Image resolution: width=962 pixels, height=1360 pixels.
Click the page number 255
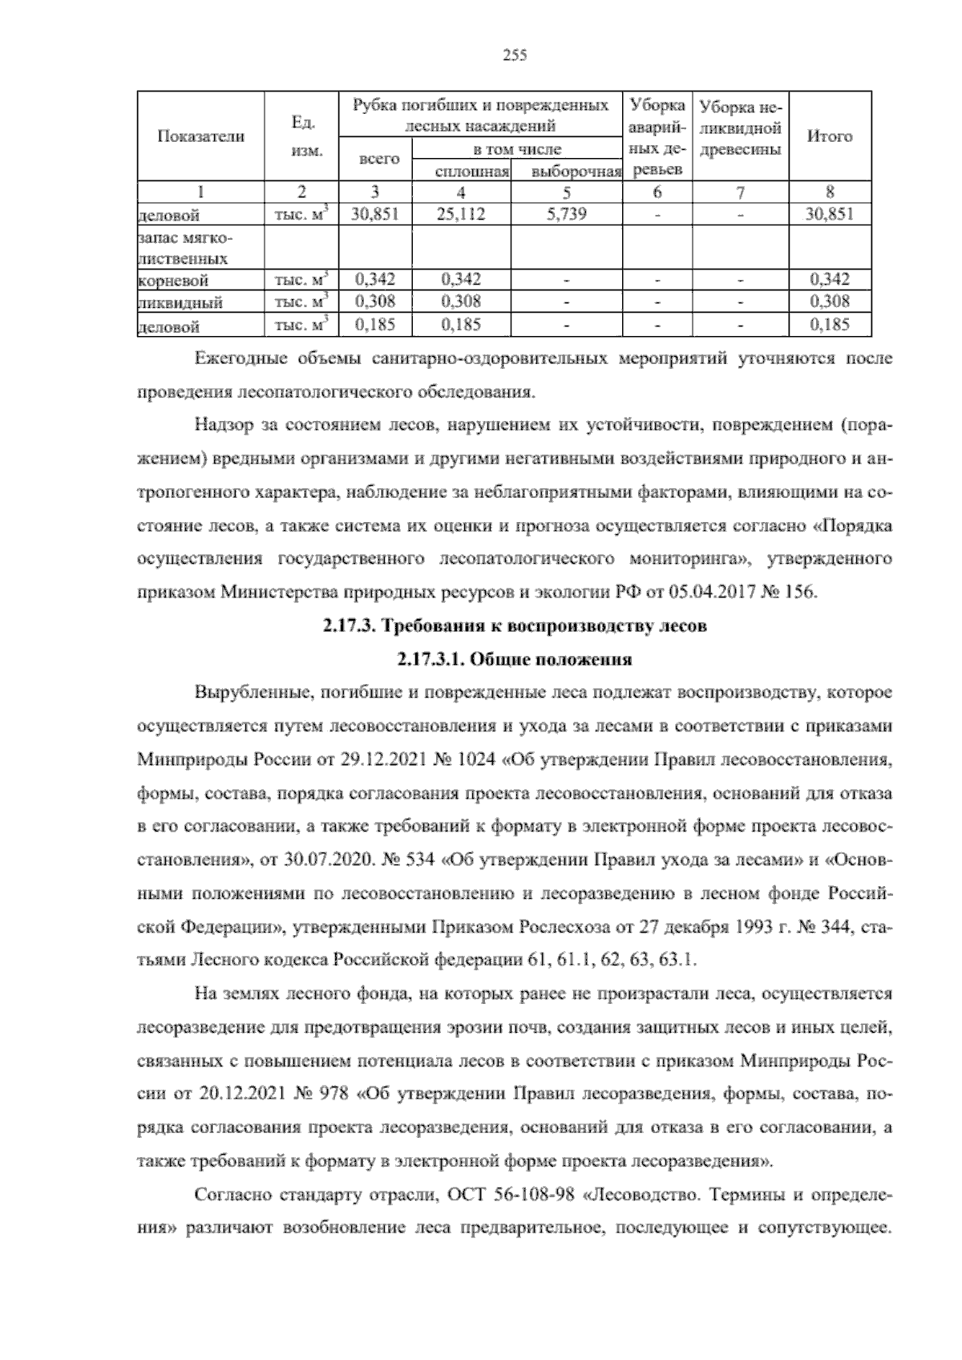point(514,55)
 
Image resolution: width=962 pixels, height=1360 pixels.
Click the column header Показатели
point(200,136)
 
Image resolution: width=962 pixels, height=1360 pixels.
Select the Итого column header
point(830,136)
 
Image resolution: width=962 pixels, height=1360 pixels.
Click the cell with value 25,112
point(462,214)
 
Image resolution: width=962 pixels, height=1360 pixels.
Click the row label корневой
point(174,281)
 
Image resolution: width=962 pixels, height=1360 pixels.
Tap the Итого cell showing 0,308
point(830,302)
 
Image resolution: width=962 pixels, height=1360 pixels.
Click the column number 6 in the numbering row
point(657,192)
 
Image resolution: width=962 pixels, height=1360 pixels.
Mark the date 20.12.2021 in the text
point(238,1093)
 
